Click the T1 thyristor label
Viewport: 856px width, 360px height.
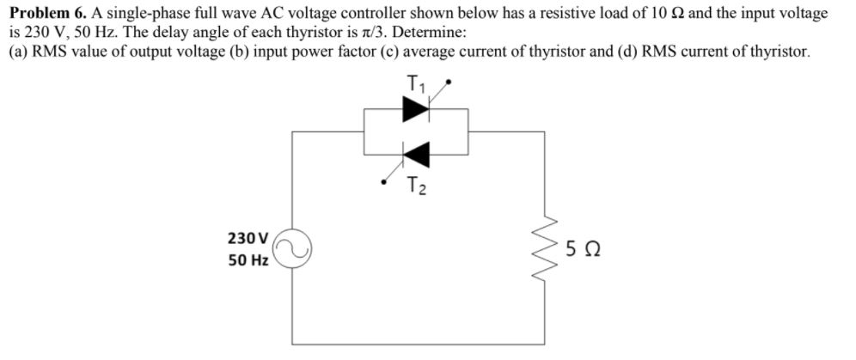pos(416,84)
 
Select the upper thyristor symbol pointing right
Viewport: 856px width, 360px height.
pos(417,109)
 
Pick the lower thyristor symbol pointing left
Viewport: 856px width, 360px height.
pos(417,155)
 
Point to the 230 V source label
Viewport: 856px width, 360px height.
pos(248,237)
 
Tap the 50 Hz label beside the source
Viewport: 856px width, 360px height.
pos(248,259)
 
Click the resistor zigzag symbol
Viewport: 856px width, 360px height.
pos(544,248)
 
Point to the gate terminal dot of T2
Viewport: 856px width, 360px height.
pos(385,181)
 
